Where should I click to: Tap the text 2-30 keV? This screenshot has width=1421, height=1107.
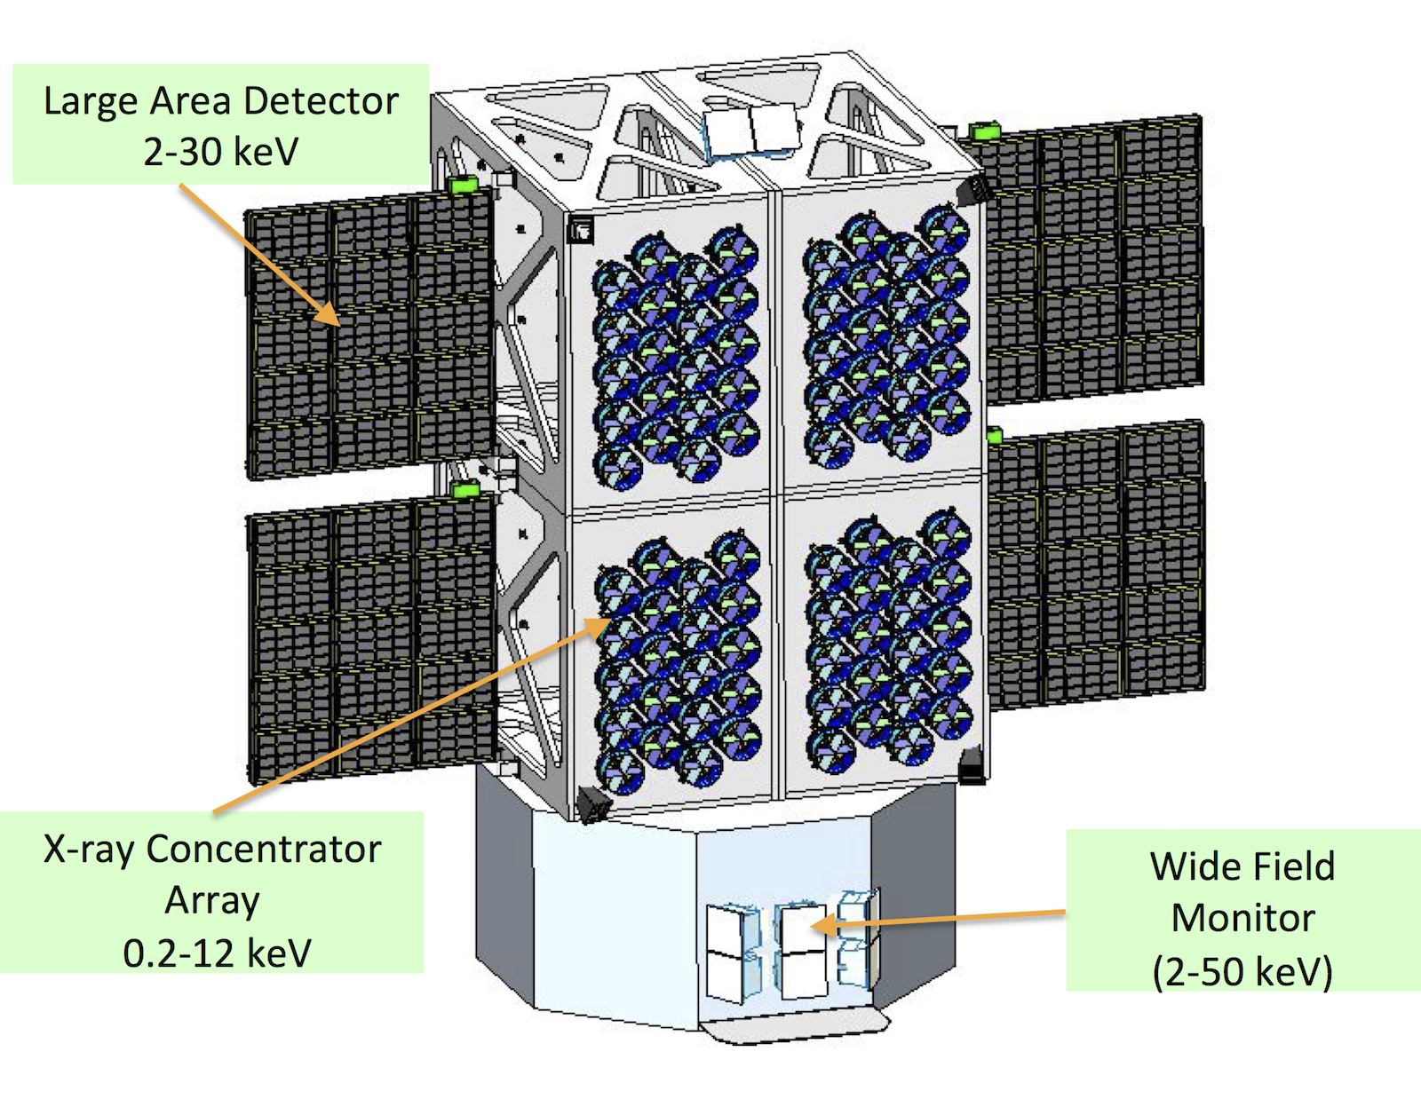pos(220,152)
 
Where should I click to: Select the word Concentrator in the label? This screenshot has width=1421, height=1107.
pos(263,850)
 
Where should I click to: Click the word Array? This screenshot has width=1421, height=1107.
pos(212,901)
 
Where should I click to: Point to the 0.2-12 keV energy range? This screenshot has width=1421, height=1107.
pos(217,953)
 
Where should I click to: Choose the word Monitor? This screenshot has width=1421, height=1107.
pos(1242,919)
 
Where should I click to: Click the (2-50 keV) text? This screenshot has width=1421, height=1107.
pos(1242,971)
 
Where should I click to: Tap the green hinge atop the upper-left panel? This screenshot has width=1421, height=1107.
pos(463,185)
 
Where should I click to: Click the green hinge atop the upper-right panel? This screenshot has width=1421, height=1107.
pos(983,131)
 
